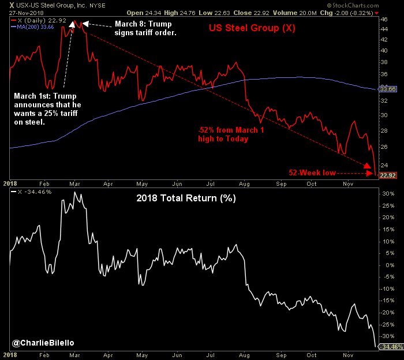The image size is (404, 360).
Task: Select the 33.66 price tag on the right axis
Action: pos(386,89)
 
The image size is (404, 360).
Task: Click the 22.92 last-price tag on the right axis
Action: pos(386,175)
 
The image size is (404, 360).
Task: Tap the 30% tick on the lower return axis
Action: pos(384,194)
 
